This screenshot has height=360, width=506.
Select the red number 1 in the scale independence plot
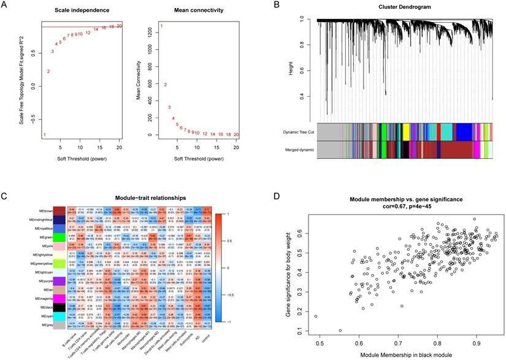44,134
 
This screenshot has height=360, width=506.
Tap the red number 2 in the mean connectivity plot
165,85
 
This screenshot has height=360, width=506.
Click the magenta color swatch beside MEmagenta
59,298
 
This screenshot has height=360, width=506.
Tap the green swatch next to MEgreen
59,236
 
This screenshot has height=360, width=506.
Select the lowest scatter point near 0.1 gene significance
340,331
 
